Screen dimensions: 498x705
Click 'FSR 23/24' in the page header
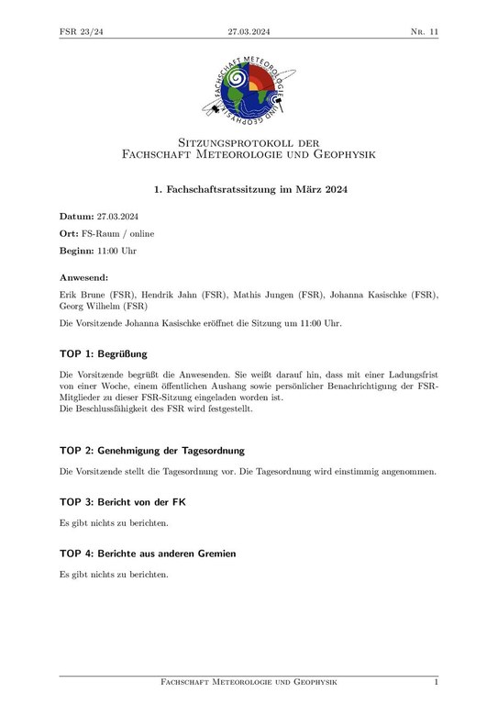pyautogui.click(x=80, y=31)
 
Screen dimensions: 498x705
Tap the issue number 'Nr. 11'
pyautogui.click(x=424, y=31)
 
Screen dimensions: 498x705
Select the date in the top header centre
pyautogui.click(x=249, y=31)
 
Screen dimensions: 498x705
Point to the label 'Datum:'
pyautogui.click(x=77, y=216)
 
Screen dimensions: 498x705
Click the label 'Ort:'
pyautogui.click(x=70, y=233)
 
